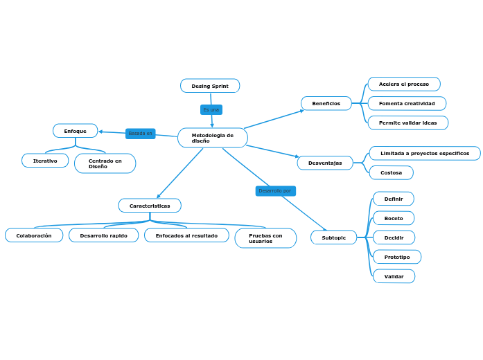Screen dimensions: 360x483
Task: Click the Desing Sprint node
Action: (210, 86)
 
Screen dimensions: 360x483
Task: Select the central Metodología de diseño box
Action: (212, 138)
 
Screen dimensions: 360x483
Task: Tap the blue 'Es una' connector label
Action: (211, 109)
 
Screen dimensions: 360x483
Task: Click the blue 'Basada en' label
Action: (140, 134)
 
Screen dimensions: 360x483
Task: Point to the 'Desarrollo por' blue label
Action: (275, 190)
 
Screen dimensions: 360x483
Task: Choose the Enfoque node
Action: (75, 131)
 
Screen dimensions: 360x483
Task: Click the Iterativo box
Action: (45, 161)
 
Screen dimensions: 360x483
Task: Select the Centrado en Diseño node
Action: (105, 163)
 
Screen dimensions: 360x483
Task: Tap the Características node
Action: (150, 206)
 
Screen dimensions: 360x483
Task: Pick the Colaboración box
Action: (34, 235)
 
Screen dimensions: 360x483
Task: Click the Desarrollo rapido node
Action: (103, 235)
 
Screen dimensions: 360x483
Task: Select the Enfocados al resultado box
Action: (186, 235)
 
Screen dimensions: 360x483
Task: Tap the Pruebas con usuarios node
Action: (265, 238)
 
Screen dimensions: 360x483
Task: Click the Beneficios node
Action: (326, 103)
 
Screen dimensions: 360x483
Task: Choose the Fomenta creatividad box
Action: (407, 103)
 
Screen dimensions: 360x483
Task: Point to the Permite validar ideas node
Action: (407, 123)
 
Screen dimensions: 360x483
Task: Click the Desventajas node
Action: (325, 163)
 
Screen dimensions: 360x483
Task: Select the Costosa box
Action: (391, 172)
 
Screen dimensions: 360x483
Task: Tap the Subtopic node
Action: (333, 237)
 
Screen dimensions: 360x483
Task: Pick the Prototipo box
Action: (396, 257)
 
